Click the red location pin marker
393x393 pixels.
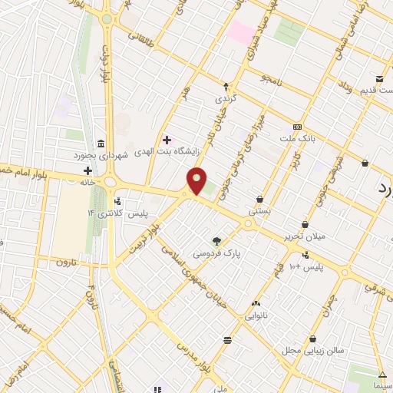197,179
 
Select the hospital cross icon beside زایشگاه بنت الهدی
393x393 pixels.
167,140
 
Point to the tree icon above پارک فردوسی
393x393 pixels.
216,241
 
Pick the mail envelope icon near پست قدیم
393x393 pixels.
379,79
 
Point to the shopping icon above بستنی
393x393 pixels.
260,199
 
